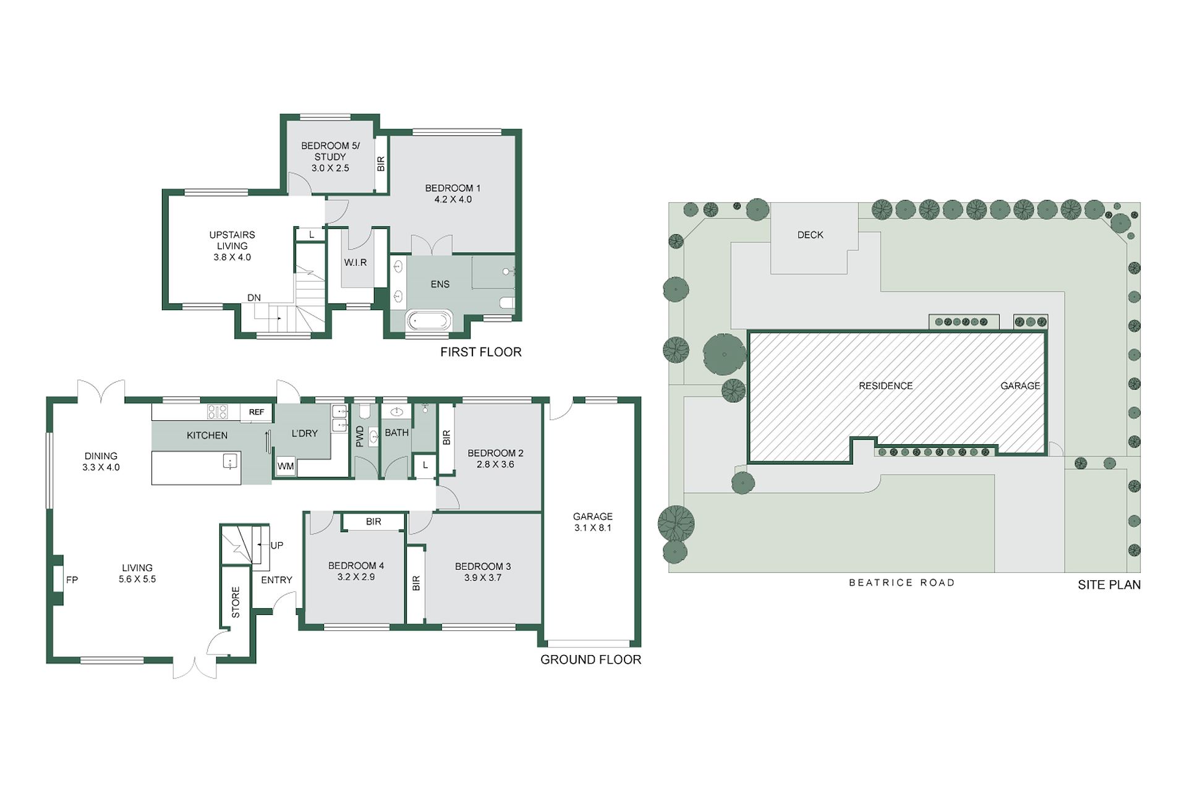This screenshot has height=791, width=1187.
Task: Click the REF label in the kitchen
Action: (x=257, y=412)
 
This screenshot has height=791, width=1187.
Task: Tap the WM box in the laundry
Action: (x=286, y=467)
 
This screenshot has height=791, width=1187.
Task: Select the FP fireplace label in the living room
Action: (x=72, y=580)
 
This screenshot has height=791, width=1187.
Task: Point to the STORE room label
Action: (x=236, y=603)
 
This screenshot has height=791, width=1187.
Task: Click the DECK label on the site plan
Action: (x=810, y=235)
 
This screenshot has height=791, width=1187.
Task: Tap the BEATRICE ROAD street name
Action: (x=902, y=583)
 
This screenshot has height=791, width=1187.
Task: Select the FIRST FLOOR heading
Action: (x=481, y=352)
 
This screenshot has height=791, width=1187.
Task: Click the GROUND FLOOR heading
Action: (x=591, y=659)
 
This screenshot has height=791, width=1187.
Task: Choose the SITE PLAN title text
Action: (x=1109, y=585)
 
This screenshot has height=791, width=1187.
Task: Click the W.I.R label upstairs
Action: (x=355, y=263)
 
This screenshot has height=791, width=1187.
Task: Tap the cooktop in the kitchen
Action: (x=217, y=412)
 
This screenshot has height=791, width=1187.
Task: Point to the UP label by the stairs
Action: (x=277, y=546)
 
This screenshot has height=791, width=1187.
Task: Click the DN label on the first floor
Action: (x=254, y=298)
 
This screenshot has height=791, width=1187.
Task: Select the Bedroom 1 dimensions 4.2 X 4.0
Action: (x=453, y=200)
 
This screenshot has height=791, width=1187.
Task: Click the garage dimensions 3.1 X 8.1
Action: (x=593, y=528)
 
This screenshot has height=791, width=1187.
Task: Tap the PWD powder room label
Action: (x=360, y=436)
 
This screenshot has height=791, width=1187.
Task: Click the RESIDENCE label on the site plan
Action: (x=886, y=386)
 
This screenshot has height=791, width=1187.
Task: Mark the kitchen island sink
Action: (x=231, y=462)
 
